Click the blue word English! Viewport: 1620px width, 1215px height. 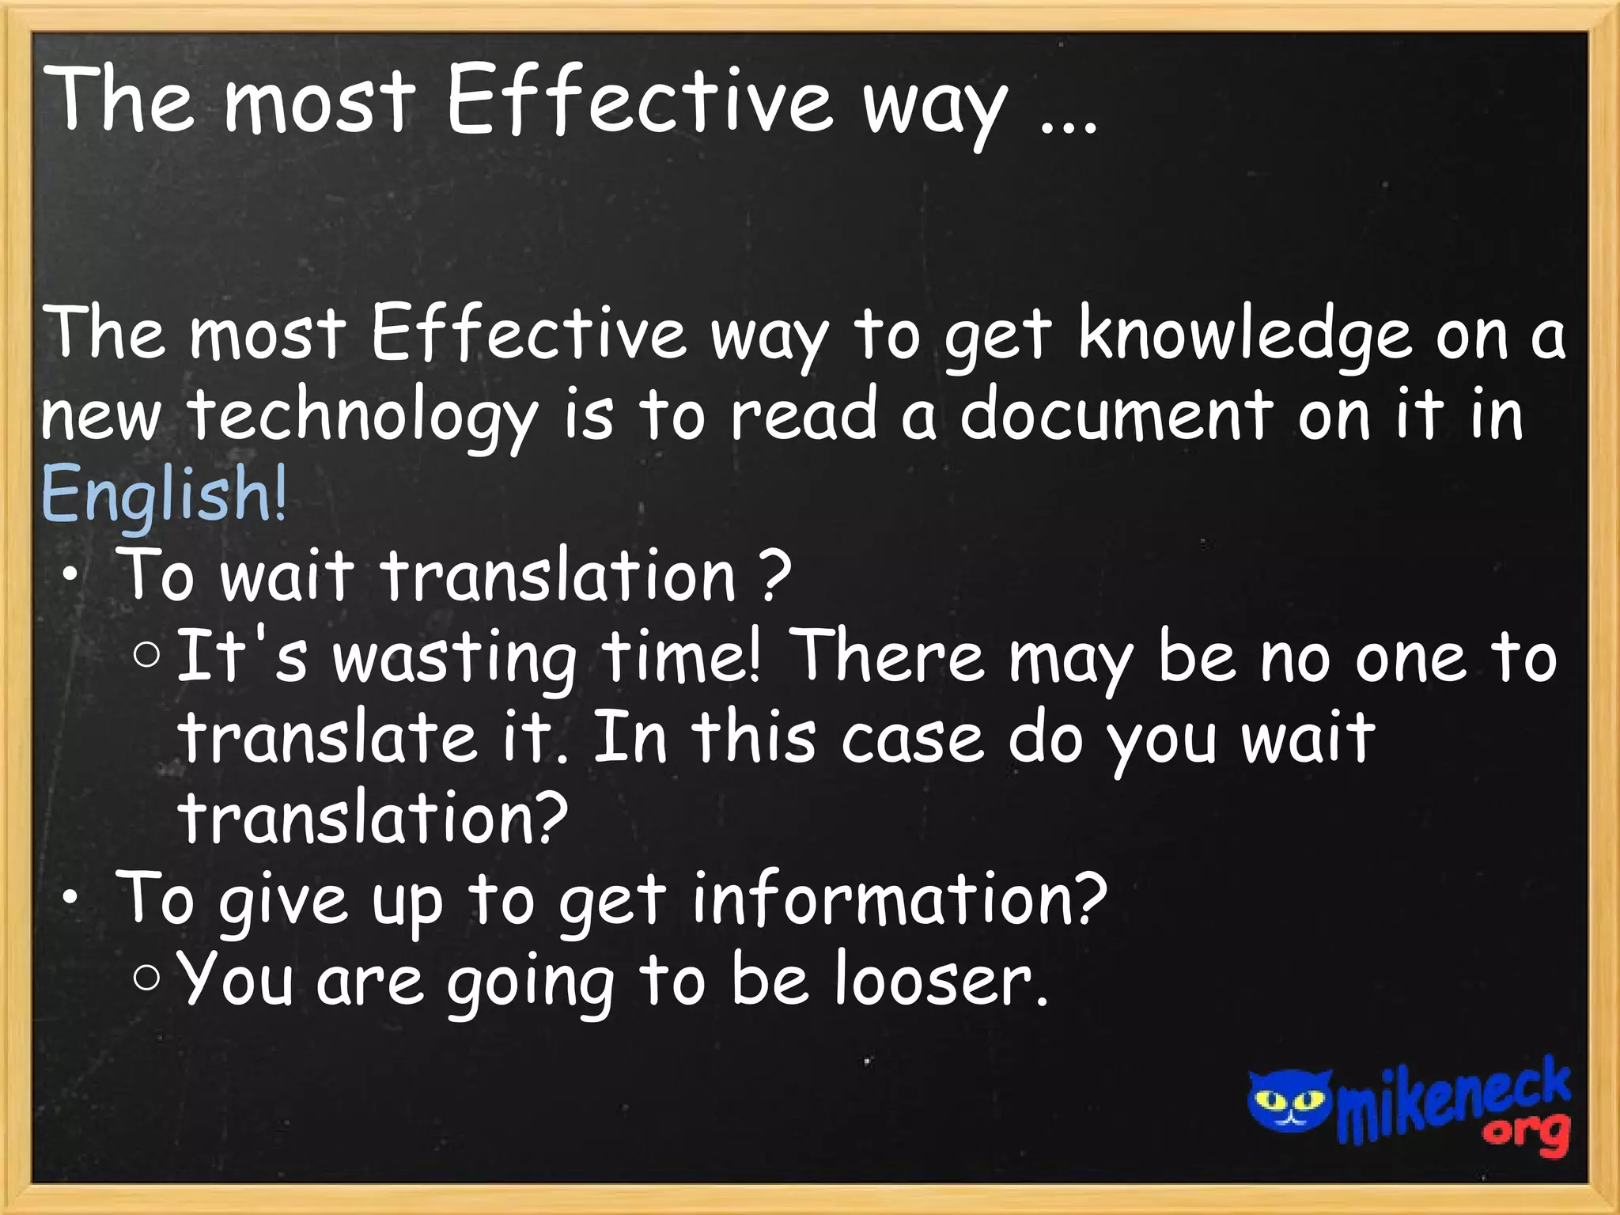164,494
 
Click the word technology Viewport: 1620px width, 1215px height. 362,418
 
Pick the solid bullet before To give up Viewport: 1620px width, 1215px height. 71,899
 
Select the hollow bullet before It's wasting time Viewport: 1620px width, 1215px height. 147,655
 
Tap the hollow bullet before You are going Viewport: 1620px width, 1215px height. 147,978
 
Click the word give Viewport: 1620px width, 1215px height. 282,902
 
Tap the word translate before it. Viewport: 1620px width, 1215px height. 327,737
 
